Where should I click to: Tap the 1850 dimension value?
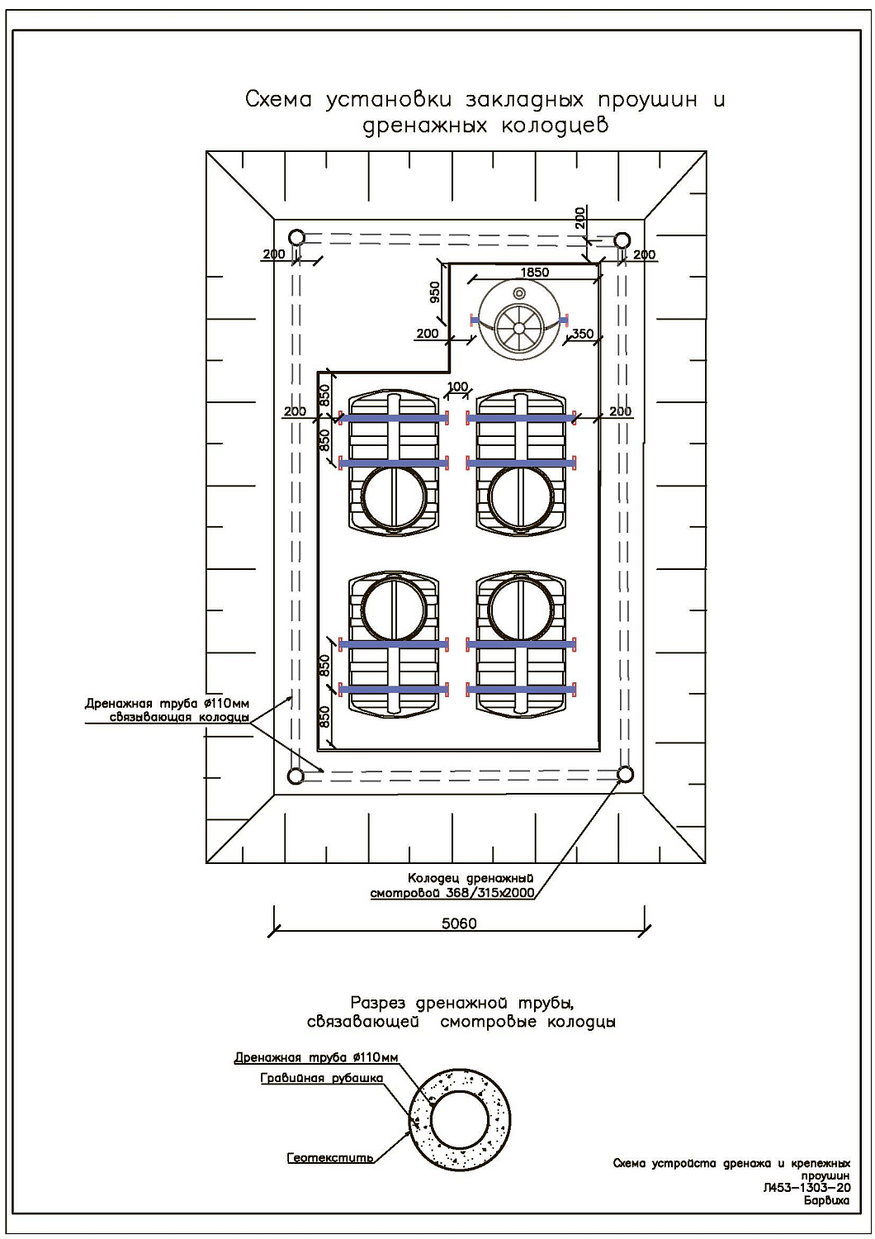coord(535,272)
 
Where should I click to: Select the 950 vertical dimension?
coord(435,292)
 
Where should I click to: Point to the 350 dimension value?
coord(583,334)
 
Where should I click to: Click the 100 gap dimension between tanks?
coord(457,387)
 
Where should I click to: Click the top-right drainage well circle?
coord(622,240)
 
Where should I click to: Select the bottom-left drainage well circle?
coord(296,776)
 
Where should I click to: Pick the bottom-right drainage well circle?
coord(625,774)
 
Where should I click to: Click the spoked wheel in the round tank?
coord(519,327)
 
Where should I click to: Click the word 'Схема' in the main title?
coord(278,100)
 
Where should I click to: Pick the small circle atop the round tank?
coord(519,292)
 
